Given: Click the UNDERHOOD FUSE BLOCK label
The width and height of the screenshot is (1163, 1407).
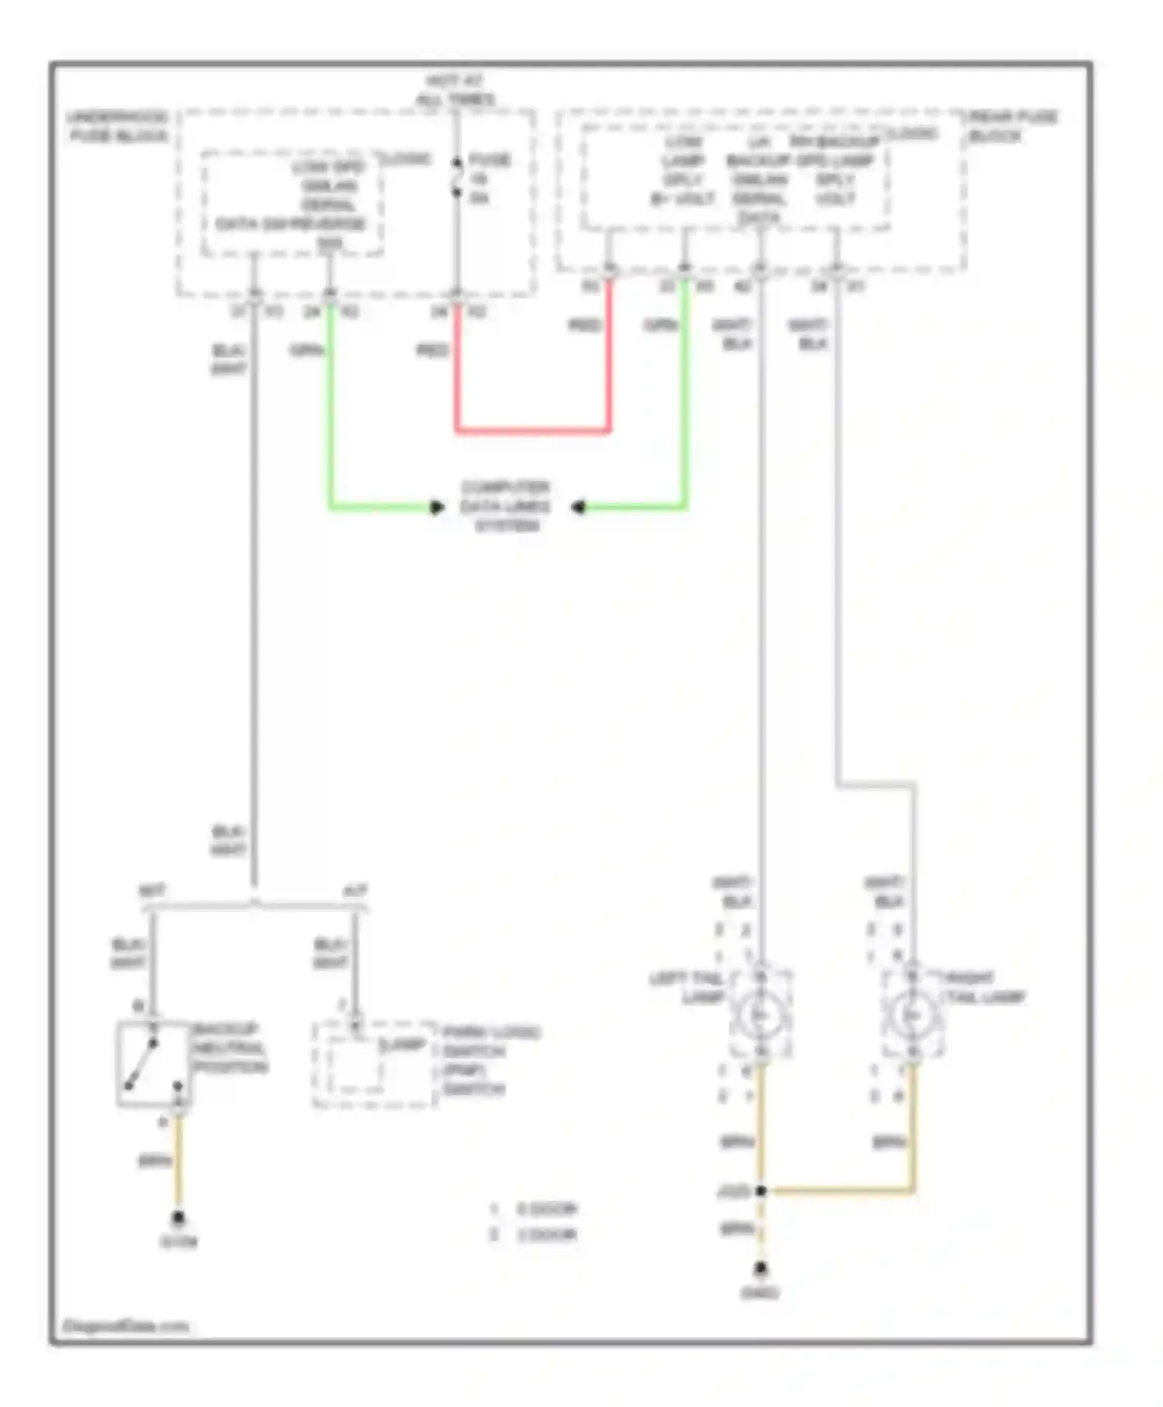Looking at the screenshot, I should tap(118, 126).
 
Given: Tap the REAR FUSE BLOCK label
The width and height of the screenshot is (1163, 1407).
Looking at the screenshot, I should tap(1011, 126).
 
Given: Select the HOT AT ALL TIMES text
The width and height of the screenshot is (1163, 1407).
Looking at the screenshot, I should tap(455, 90).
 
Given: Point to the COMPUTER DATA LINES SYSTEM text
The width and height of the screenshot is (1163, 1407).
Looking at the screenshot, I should tap(506, 506).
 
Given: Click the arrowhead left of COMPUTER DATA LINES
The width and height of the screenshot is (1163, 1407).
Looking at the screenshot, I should tap(437, 507).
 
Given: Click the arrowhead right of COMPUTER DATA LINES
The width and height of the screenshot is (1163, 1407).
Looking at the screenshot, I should tap(578, 507).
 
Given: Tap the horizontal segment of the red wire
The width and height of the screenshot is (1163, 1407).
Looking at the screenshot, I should tap(533, 430).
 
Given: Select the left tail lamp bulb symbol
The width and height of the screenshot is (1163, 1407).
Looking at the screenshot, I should tap(760, 1015).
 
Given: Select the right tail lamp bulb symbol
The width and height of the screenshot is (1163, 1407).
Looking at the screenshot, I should tap(912, 1015).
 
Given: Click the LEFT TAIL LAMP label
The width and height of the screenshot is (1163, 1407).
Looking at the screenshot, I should tap(687, 987).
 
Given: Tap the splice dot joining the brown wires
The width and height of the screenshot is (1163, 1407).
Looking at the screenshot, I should tap(761, 1190).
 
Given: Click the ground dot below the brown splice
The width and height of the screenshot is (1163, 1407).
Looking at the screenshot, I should tap(761, 1267).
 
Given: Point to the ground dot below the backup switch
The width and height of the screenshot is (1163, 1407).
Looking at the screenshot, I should tap(178, 1218).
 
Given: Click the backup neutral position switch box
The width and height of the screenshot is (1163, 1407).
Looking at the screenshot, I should tap(154, 1063).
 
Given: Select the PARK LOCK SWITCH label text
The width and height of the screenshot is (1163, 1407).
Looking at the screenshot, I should tap(490, 1060).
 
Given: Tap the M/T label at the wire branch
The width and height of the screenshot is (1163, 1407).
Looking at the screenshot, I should tap(152, 890).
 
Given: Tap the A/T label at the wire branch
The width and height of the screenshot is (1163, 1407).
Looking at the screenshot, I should tap(355, 890).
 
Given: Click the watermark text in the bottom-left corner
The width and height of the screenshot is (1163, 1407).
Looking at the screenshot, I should tap(125, 1326).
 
